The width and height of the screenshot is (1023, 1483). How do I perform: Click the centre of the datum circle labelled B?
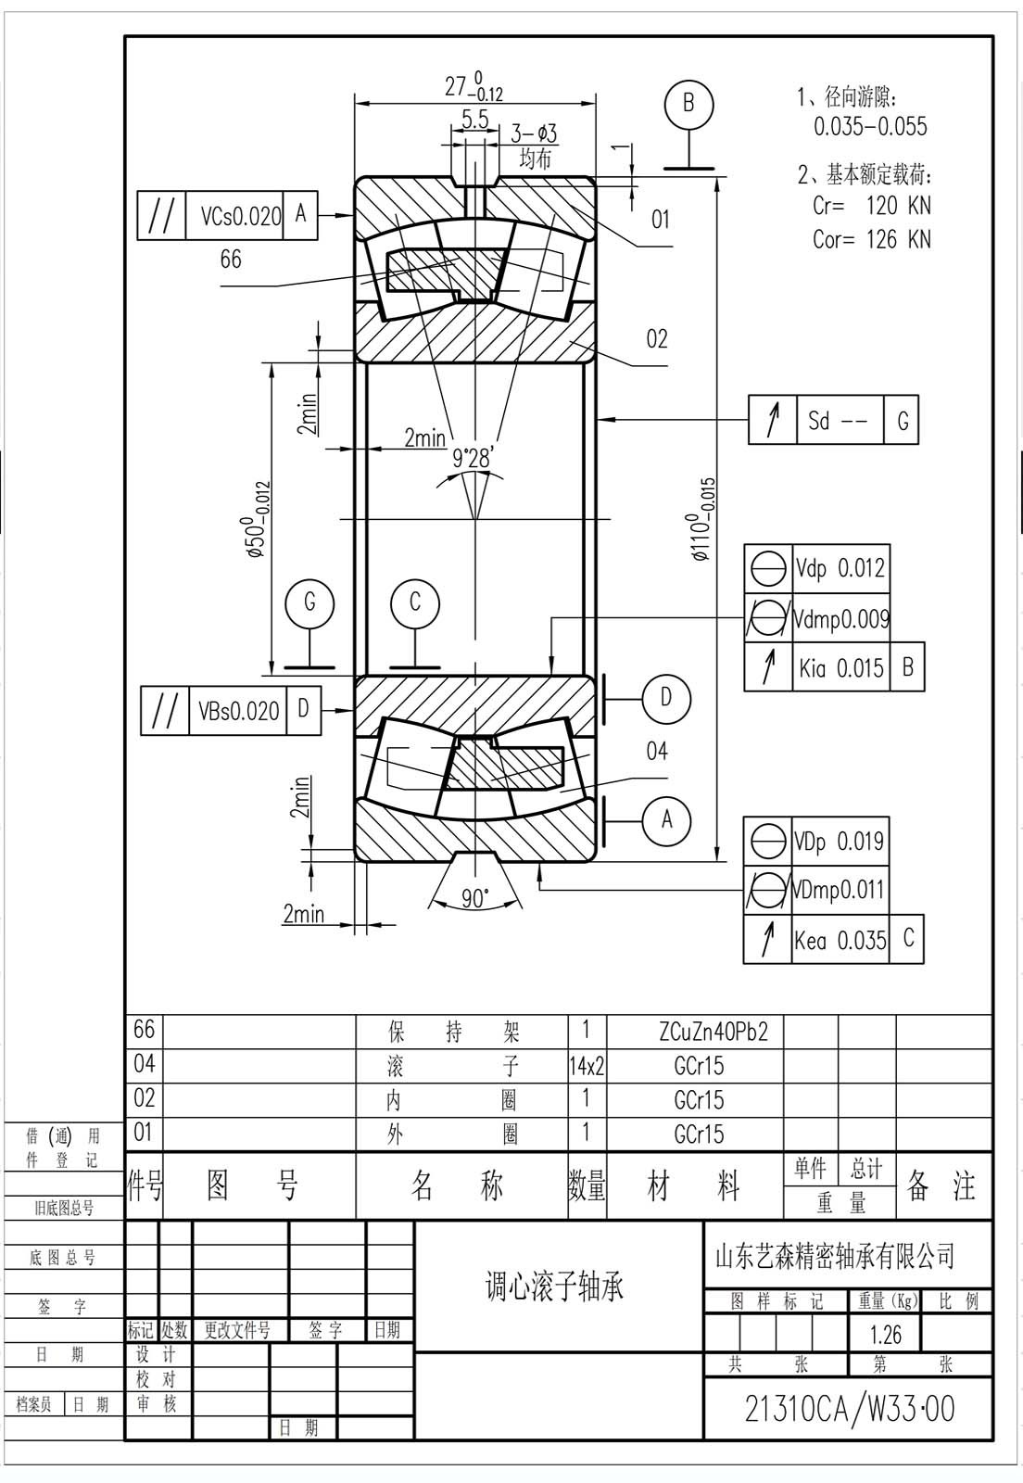pos(688,105)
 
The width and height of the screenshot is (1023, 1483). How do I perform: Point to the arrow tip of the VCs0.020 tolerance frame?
pos(355,215)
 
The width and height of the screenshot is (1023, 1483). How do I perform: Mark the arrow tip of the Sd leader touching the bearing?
pos(597,419)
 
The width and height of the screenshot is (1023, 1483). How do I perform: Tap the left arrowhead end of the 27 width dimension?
pos(355,103)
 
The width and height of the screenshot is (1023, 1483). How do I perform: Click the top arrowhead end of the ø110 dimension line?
pos(716,178)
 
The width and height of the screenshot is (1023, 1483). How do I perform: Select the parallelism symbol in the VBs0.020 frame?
pos(164,711)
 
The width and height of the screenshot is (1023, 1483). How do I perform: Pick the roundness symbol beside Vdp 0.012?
pos(768,568)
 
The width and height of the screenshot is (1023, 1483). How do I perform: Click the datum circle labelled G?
pos(309,603)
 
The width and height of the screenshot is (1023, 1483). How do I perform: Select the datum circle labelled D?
pos(667,699)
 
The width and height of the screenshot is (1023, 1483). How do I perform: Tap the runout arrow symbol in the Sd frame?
pos(772,420)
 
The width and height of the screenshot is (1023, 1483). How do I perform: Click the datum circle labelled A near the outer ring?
pos(667,820)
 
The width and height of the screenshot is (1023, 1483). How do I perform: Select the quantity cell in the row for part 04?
pos(587,1066)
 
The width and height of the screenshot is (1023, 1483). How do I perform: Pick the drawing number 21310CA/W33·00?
pos(850,1408)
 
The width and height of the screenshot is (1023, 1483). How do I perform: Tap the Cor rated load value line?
pos(871,239)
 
